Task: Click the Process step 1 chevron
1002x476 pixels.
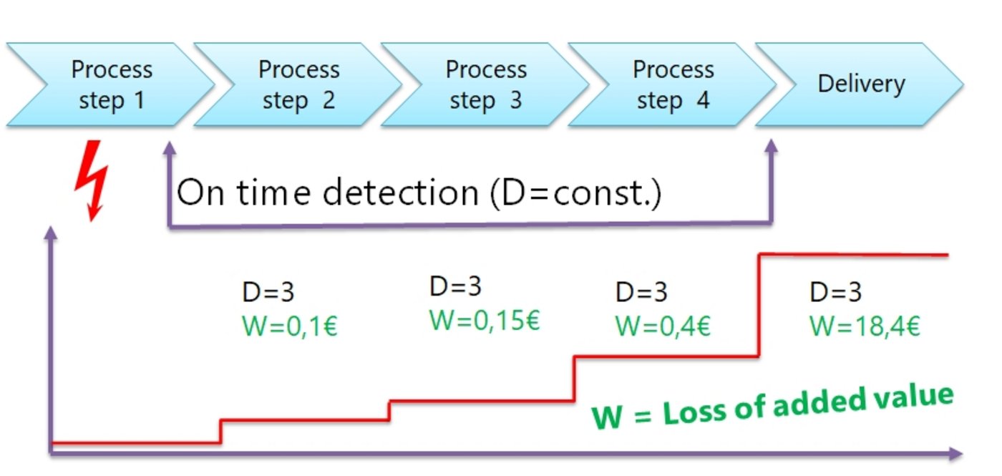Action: (x=111, y=84)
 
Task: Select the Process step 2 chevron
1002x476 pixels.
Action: (x=298, y=84)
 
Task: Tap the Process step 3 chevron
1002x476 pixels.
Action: (x=486, y=84)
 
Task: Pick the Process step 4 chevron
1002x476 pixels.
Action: (x=673, y=84)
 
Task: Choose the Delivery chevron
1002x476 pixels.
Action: (x=861, y=84)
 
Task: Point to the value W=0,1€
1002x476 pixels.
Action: (x=290, y=326)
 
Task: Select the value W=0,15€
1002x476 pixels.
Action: (x=485, y=320)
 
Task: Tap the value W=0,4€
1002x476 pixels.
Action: (x=663, y=326)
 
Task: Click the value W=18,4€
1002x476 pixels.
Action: (x=865, y=326)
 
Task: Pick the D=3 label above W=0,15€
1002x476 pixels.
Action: (x=456, y=286)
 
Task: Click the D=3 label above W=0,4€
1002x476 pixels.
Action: (x=641, y=292)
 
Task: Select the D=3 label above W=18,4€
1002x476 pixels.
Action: (x=836, y=292)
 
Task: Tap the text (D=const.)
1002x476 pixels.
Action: (x=576, y=193)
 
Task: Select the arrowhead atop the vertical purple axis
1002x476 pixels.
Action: (x=51, y=233)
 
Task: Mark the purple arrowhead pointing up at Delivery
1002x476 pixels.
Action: (x=771, y=145)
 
